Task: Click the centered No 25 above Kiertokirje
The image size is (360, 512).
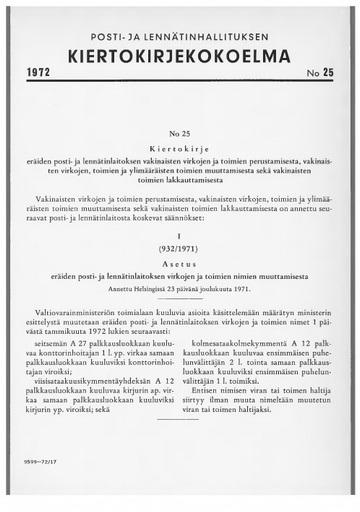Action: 179,133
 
